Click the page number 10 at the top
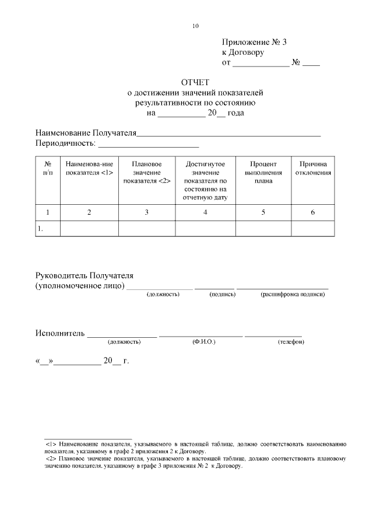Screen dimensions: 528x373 coord(195,26)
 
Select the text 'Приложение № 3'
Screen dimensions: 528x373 coord(255,42)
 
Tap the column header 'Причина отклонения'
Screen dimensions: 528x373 coord(312,169)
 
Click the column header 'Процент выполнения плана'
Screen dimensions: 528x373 coord(263,173)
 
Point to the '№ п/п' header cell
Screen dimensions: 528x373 coord(48,169)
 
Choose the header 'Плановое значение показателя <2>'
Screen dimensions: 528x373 coord(147,173)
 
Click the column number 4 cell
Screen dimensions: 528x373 coord(205,212)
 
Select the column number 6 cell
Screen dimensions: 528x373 coord(312,212)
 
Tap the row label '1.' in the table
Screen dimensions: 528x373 coord(40,229)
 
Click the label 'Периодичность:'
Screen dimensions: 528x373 coord(64,143)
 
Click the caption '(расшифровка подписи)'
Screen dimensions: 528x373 coord(293,295)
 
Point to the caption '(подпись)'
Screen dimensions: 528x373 coord(222,295)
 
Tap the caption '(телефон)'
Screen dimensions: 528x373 coord(291,341)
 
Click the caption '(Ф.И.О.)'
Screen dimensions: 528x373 coord(204,341)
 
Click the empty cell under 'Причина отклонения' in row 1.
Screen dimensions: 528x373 coord(312,229)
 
